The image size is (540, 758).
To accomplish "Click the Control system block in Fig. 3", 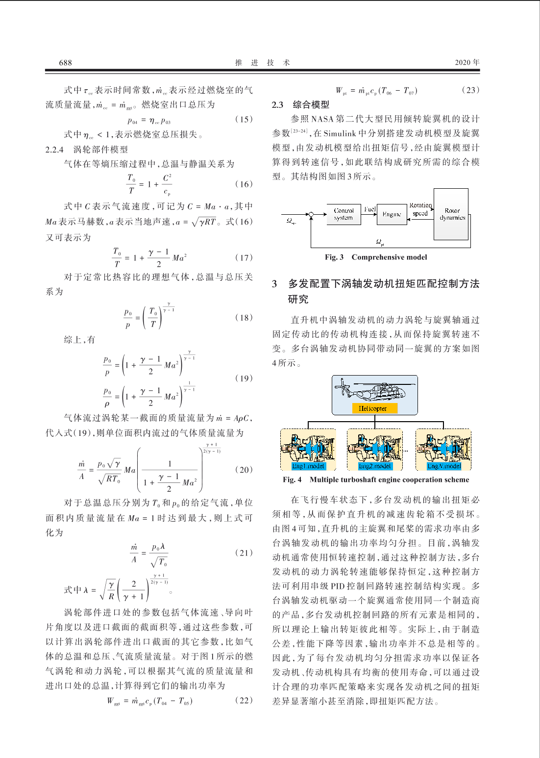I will click(x=344, y=214).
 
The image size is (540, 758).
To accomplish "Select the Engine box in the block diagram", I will click(x=392, y=214).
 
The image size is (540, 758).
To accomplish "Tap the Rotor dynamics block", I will click(x=451, y=214).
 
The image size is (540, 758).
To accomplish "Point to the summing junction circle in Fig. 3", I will click(x=311, y=214).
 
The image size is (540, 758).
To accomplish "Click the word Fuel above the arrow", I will click(x=369, y=209).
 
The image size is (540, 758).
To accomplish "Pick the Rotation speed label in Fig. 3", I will click(x=420, y=209).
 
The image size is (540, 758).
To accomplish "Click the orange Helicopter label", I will click(x=373, y=408).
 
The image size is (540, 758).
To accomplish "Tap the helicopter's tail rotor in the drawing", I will click(x=341, y=387).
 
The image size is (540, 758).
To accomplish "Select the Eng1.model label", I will click(x=308, y=466).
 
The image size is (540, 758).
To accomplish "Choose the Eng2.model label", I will click(x=375, y=466).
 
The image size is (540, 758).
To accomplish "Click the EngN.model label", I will click(x=443, y=466).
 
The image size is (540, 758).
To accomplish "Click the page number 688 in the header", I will click(x=65, y=62).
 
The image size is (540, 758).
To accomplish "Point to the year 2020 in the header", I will click(x=463, y=62).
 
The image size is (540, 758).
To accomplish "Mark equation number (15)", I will click(x=244, y=119).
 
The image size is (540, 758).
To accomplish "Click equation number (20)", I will click(x=244, y=470).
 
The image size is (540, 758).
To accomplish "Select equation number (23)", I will click(x=470, y=90).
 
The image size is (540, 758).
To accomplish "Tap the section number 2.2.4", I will click(x=54, y=150).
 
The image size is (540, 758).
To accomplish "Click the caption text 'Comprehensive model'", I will click(x=389, y=257).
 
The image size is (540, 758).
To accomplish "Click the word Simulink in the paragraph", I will click(x=339, y=133).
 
